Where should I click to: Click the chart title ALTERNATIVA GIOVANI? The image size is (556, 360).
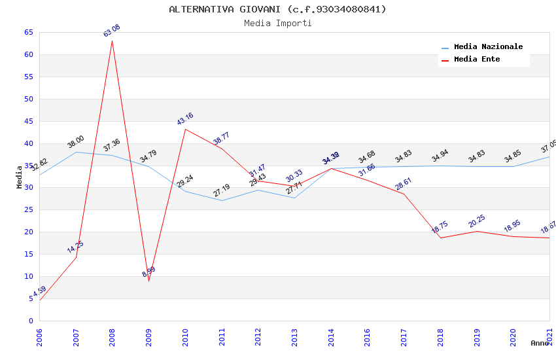point(277,9)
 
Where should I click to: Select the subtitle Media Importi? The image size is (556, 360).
point(277,23)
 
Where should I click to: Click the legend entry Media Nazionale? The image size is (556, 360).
point(488,47)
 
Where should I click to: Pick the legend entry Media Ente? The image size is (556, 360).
point(477,60)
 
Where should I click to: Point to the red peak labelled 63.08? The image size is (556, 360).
point(112,41)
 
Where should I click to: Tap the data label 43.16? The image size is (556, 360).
point(185,119)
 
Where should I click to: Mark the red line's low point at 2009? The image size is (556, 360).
point(148,281)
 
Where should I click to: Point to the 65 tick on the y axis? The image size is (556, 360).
point(28,33)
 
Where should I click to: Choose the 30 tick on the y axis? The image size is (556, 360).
point(28,188)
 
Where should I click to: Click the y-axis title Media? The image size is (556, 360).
point(20,177)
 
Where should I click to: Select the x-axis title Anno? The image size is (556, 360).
point(540,343)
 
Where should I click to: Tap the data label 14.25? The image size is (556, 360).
point(75,247)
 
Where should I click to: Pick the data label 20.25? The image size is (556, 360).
point(476,221)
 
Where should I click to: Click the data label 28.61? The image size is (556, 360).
point(403,184)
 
